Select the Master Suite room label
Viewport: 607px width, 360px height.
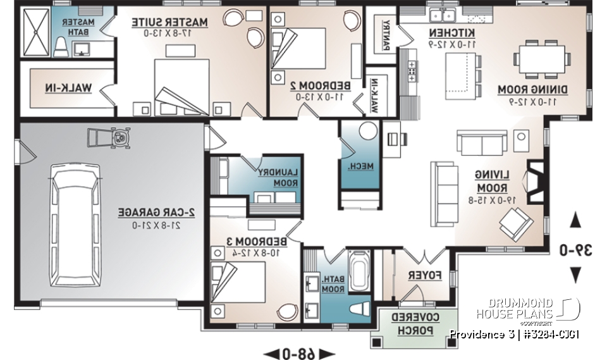[169, 27]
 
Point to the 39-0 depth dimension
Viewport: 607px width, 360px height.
[575, 249]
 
